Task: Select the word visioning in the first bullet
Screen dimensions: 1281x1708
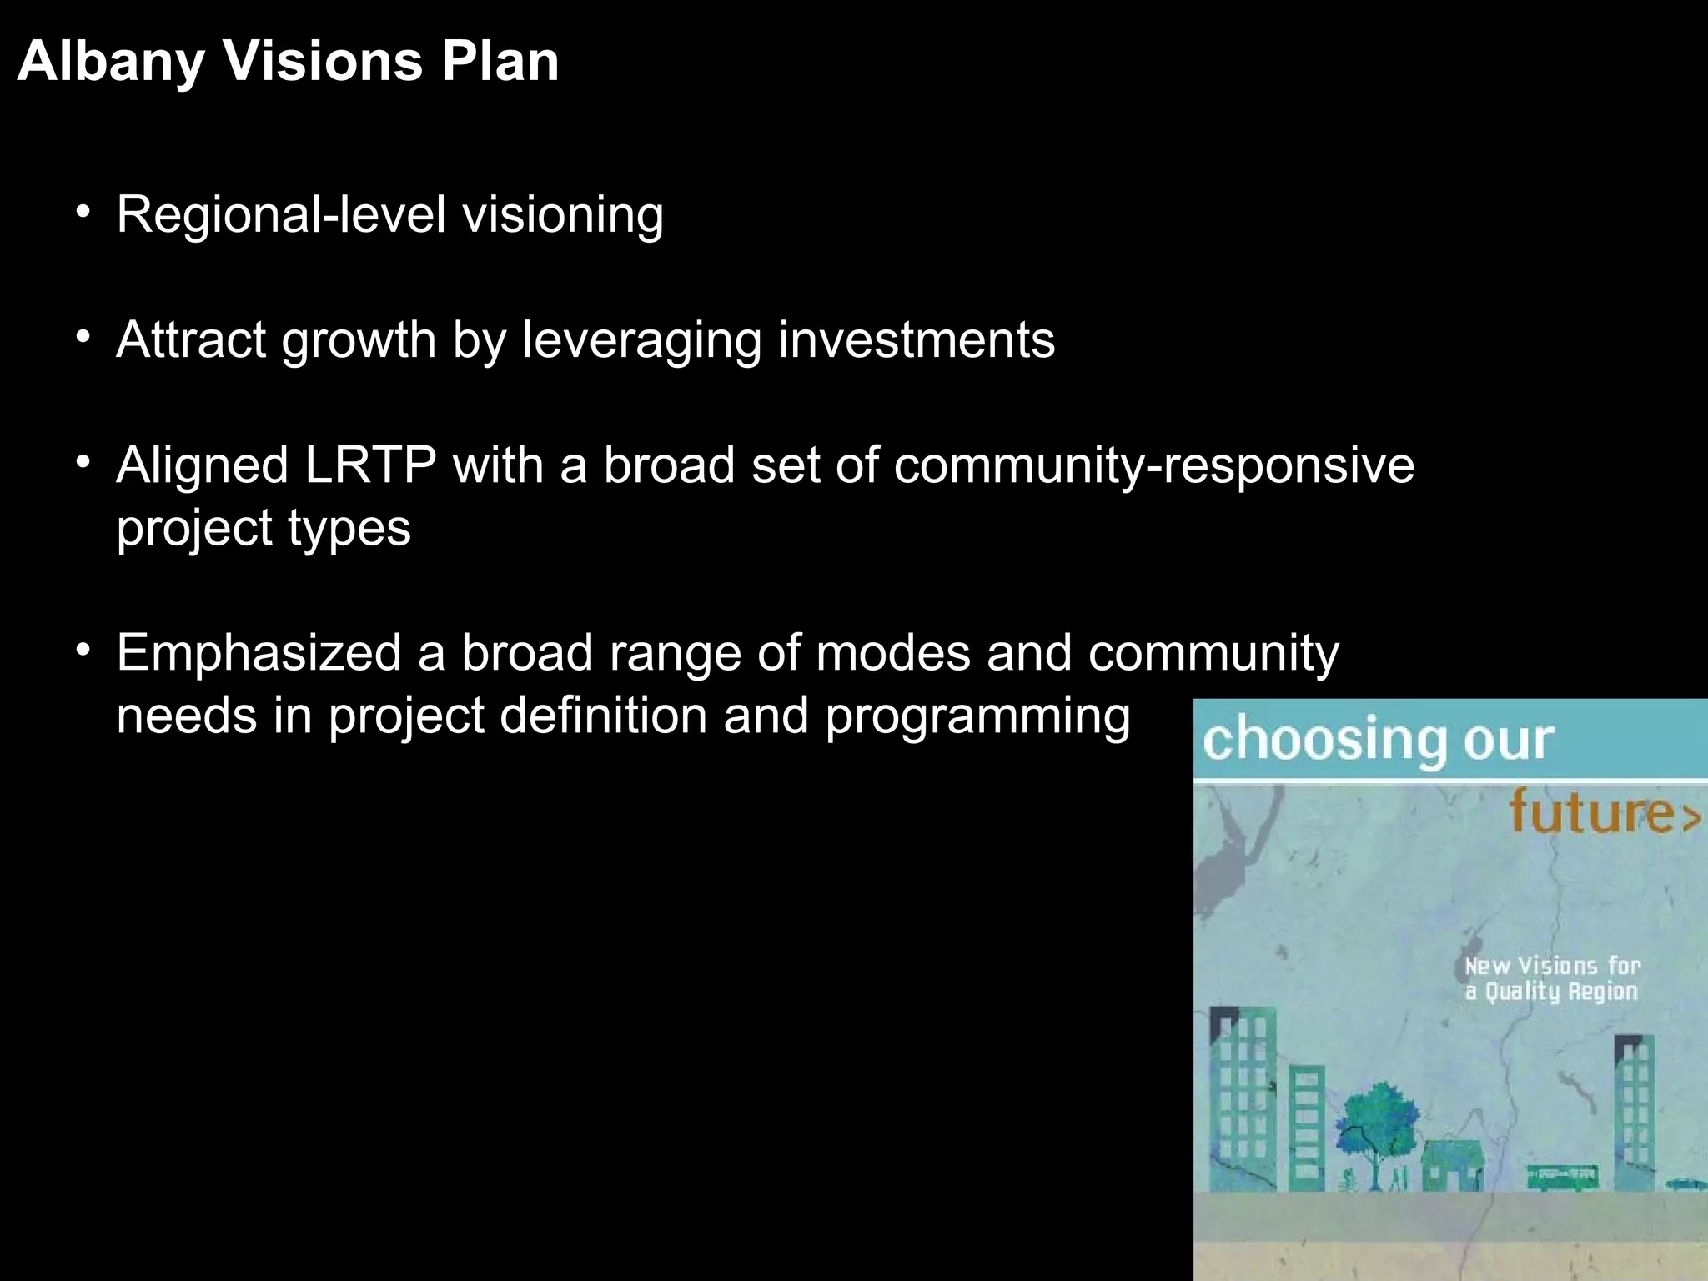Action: click(563, 215)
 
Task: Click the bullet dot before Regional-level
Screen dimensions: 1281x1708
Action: click(82, 212)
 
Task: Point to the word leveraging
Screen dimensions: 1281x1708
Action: click(641, 341)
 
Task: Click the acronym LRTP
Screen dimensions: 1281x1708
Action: click(370, 465)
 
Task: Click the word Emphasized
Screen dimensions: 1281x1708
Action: click(259, 652)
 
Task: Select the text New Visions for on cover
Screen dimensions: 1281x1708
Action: click(1552, 966)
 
